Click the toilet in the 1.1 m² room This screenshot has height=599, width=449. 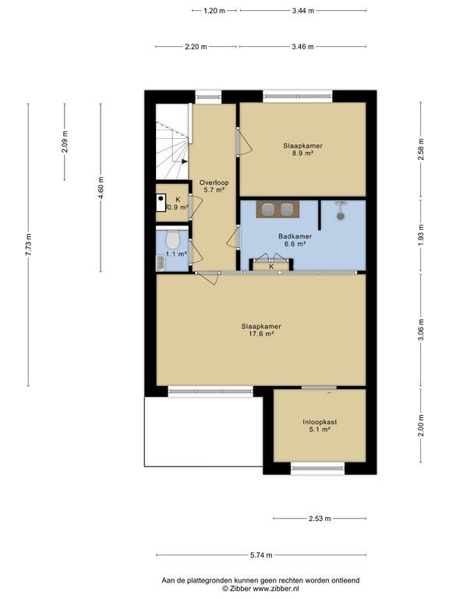click(173, 239)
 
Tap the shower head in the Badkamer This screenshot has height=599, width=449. click(340, 216)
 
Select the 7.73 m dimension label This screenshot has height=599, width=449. click(28, 244)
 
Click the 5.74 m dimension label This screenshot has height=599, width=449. click(262, 555)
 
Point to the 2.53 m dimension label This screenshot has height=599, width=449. click(320, 519)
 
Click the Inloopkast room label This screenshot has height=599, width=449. click(320, 422)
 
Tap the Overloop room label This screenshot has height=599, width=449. click(214, 183)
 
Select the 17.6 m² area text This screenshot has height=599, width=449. click(261, 334)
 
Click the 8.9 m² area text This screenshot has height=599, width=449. click(303, 153)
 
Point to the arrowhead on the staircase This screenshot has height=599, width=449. click(185, 161)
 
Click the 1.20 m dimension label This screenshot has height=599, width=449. click(214, 11)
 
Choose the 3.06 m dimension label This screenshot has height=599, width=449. click(421, 331)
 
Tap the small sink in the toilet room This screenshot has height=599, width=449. click(160, 263)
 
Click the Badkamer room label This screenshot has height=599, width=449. click(295, 236)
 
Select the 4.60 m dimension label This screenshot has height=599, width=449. click(101, 187)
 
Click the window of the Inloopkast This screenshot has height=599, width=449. click(318, 468)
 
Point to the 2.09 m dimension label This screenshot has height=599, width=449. click(65, 142)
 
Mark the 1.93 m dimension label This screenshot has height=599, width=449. click(421, 236)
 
